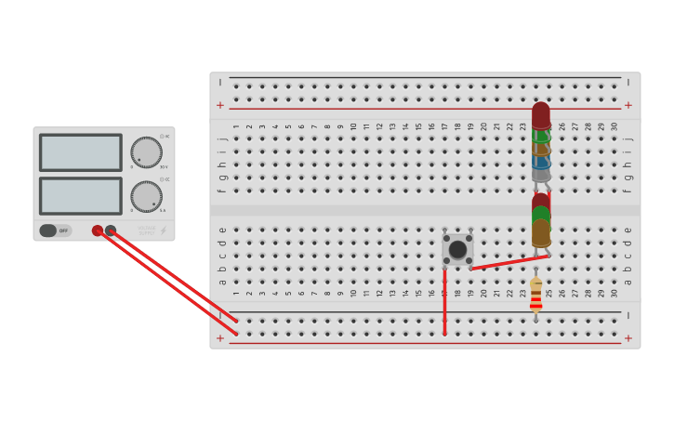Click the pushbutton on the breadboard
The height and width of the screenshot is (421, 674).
457,249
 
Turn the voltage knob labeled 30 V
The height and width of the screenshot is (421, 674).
146,152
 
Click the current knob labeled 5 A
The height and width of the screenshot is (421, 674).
146,196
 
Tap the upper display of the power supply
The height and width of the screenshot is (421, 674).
81,152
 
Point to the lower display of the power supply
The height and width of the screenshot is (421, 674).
81,196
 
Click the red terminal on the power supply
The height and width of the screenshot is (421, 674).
98,230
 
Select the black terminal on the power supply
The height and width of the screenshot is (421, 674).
111,230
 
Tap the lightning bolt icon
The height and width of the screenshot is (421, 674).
164,230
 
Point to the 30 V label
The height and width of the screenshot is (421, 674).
164,167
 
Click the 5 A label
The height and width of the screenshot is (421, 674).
163,211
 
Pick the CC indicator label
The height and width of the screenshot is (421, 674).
165,179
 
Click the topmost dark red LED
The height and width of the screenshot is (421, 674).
541,114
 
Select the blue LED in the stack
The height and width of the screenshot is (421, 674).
541,161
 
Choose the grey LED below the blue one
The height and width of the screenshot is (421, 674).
541,174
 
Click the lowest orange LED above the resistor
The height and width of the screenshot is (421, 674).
541,232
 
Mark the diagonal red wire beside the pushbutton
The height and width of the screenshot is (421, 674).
507,262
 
